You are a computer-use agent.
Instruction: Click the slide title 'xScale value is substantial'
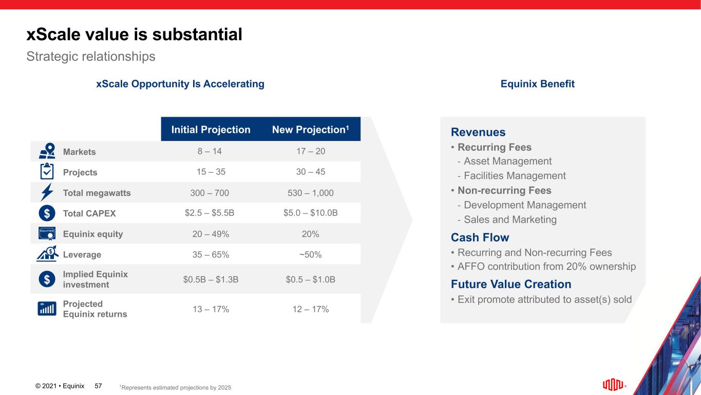[134, 34]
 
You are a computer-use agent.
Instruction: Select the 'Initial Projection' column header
[211, 130]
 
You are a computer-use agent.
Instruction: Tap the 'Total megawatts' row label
[97, 193]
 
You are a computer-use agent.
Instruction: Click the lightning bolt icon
[47, 192]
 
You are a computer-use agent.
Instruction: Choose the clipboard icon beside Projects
[47, 171]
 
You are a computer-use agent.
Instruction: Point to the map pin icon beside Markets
[47, 151]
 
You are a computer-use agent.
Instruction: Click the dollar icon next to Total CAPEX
[47, 213]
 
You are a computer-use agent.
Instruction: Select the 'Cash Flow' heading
[480, 237]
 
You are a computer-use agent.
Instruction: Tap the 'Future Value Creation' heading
[510, 284]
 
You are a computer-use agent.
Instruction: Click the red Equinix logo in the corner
[614, 385]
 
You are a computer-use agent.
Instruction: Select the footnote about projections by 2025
[175, 387]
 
